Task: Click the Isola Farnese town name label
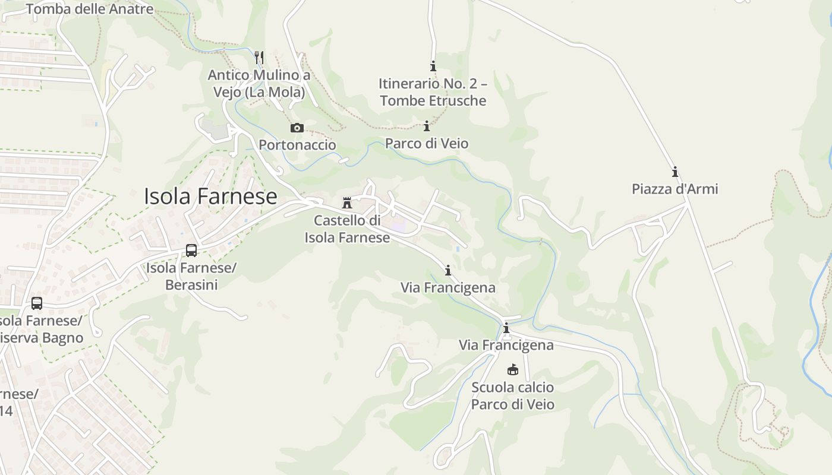click(210, 197)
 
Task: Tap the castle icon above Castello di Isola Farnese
click(347, 203)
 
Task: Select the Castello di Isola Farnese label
click(347, 229)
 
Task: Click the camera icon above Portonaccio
click(297, 128)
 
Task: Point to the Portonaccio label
click(297, 145)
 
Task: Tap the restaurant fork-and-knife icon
click(259, 57)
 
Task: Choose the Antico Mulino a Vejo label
click(259, 84)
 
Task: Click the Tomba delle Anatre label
click(90, 9)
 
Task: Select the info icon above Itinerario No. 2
click(433, 66)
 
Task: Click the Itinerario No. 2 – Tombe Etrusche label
click(433, 92)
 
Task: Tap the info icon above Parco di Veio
click(426, 126)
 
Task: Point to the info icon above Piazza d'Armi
click(675, 172)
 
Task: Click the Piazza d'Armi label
click(675, 189)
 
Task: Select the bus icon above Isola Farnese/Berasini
click(191, 250)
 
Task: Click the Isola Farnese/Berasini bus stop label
click(191, 276)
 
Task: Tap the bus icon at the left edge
click(37, 303)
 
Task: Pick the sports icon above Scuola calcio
click(512, 370)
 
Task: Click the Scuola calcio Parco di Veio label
click(512, 396)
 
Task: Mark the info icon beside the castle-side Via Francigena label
click(447, 271)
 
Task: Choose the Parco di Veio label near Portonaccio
click(427, 143)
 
